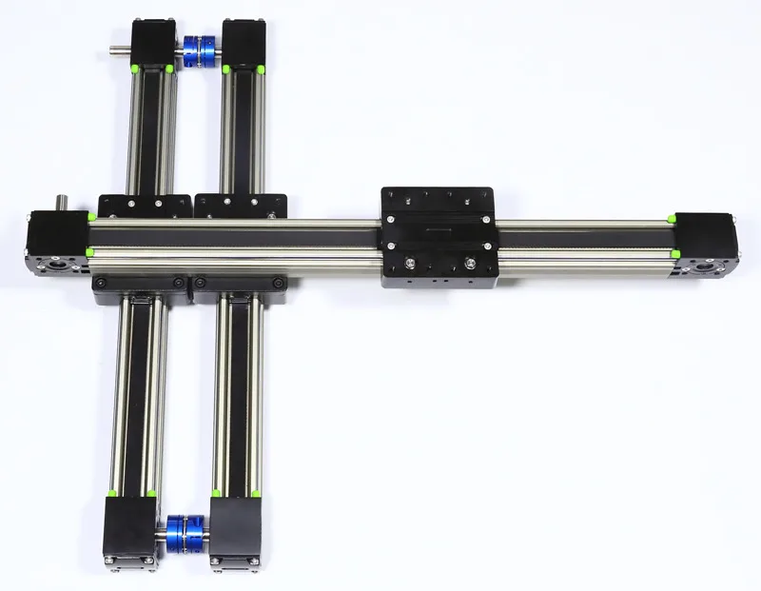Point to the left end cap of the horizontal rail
pos(58,243)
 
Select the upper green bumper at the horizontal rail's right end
pos(672,220)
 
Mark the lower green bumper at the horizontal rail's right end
pos(673,254)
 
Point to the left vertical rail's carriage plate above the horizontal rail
pos(145,205)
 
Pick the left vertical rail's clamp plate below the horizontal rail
pos(141,285)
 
